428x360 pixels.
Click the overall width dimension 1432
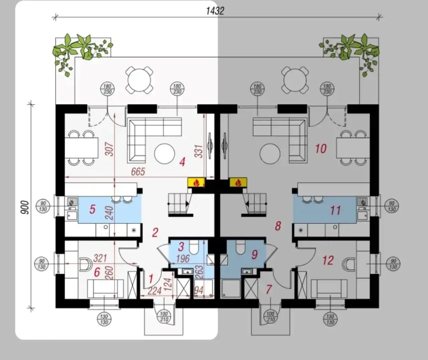pyautogui.click(x=215, y=11)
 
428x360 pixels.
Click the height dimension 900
pyautogui.click(x=25, y=207)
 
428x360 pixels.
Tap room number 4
pyautogui.click(x=182, y=162)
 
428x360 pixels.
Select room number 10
pyautogui.click(x=321, y=149)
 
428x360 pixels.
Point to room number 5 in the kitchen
pyautogui.click(x=92, y=209)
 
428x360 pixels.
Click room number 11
pyautogui.click(x=336, y=210)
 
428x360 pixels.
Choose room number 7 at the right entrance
pyautogui.click(x=269, y=289)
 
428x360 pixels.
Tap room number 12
pyautogui.click(x=328, y=261)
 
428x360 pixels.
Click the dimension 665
pyautogui.click(x=138, y=172)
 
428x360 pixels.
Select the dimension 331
pyautogui.click(x=198, y=151)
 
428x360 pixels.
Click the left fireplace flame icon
pyautogui.click(x=196, y=182)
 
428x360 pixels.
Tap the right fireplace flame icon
pyautogui.click(x=238, y=182)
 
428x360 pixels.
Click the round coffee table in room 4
pyautogui.click(x=165, y=154)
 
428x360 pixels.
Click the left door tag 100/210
pyautogui.click(x=164, y=316)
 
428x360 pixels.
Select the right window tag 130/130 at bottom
pyautogui.click(x=330, y=319)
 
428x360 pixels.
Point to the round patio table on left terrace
pyautogui.click(x=139, y=80)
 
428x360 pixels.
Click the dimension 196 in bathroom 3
pyautogui.click(x=183, y=259)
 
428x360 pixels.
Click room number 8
pyautogui.click(x=278, y=226)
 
